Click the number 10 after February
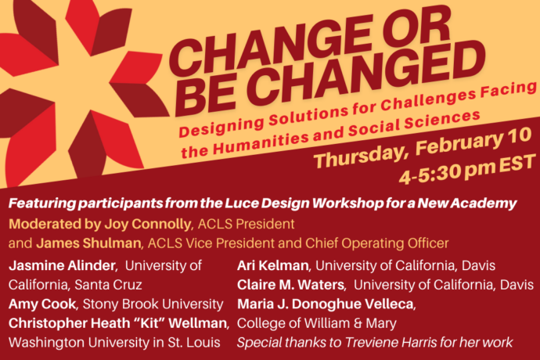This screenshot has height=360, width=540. pos(517,135)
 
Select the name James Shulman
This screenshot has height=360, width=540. pos(88,243)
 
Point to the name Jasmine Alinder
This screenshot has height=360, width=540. pos(62,265)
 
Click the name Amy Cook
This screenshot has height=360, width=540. pos(42,304)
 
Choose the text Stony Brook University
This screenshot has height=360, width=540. pos(153,304)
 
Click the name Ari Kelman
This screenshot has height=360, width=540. pos(273,265)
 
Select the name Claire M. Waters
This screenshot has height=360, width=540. pos(290,285)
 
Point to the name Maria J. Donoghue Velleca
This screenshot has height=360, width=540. pos(326,304)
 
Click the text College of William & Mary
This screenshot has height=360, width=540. pos(317,323)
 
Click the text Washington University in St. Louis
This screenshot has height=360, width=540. pos(114,343)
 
